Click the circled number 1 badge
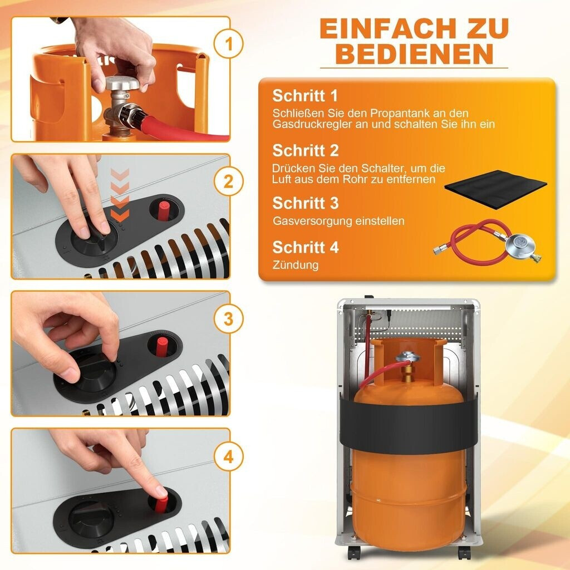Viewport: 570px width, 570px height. pos(228,44)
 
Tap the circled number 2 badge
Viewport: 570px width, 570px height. pos(228,181)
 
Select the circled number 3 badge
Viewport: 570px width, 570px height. pos(228,319)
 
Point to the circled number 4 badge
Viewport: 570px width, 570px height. pos(228,456)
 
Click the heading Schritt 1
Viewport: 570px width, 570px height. pos(305,96)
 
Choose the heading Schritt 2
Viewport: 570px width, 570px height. pos(306,150)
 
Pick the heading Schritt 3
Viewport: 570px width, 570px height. pos(306,203)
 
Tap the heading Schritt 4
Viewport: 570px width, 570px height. pos(306,247)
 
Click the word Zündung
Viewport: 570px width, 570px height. pos(295,264)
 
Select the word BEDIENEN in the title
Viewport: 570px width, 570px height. pos(414,54)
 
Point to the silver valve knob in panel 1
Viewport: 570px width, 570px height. pos(122,83)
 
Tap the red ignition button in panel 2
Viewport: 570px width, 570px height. pos(164,210)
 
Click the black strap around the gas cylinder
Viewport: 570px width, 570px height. pos(409,423)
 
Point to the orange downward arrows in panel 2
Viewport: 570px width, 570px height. pos(120,194)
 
